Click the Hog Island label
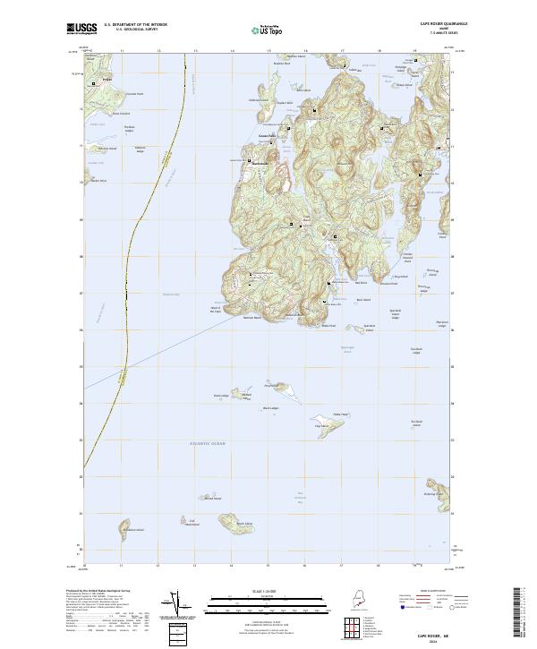coord(320,426)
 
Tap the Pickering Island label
coord(436,493)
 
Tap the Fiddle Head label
coord(339,414)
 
